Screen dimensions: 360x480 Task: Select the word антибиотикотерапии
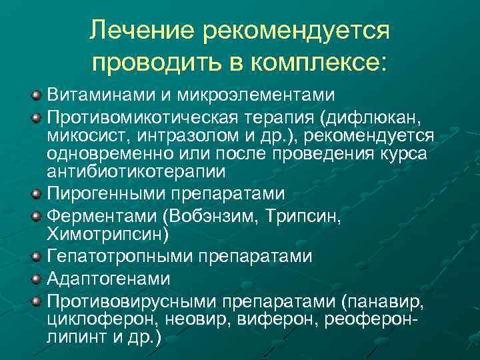coord(136,171)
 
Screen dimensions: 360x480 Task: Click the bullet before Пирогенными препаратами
coord(37,195)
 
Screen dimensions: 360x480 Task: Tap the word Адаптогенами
coord(109,279)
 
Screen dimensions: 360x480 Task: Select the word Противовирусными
coord(133,302)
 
